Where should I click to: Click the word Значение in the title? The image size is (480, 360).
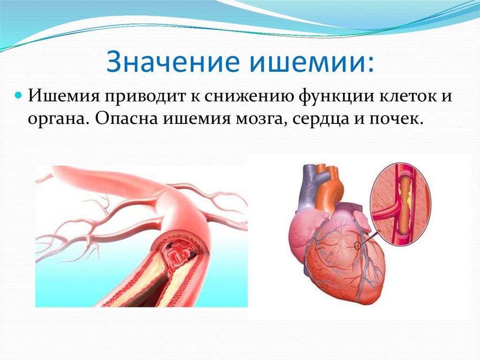[x=172, y=61]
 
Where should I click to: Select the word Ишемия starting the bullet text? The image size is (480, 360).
[x=64, y=96]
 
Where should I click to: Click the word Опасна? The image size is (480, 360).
[x=126, y=118]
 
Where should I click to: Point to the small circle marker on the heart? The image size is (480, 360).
[x=357, y=245]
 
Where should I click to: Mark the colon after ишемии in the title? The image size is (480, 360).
[x=371, y=65]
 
